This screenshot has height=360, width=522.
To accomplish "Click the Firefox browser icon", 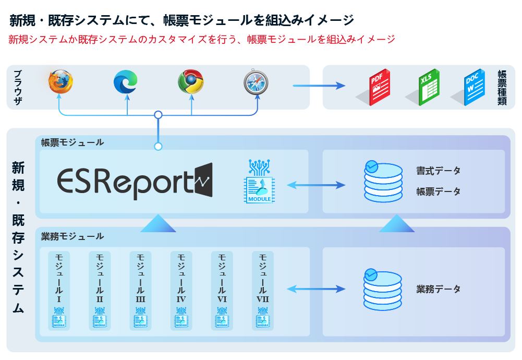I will click(x=60, y=81).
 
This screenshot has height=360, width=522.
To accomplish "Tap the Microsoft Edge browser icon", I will click(x=126, y=82).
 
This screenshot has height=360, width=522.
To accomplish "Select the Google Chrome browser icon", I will click(x=191, y=82).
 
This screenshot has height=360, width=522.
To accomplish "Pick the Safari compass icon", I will click(x=256, y=82).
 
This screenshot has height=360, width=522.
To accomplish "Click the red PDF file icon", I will click(x=379, y=87).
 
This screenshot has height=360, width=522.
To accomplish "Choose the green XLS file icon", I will click(x=429, y=87).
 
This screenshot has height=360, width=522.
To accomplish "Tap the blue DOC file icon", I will click(x=474, y=87).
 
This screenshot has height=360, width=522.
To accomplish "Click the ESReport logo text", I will click(x=135, y=182).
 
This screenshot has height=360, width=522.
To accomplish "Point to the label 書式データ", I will click(x=438, y=171).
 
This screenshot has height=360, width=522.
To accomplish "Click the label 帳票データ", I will click(x=438, y=191).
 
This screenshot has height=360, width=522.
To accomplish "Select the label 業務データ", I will click(x=438, y=289).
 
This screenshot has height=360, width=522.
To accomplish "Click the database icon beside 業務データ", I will click(x=383, y=290).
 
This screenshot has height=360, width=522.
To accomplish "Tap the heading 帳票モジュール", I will click(x=72, y=142).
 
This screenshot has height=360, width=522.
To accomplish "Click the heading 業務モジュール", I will click(x=72, y=236).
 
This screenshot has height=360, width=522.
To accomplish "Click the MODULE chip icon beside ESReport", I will click(x=260, y=182).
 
